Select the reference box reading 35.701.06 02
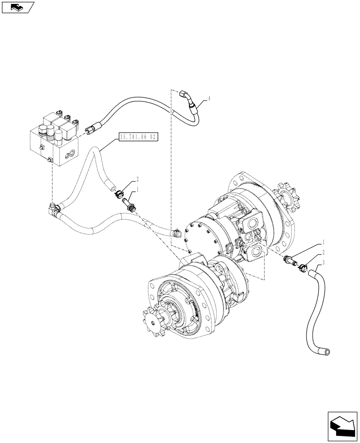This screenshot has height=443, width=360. [x=138, y=137]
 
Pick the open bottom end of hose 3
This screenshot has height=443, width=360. [x=327, y=351]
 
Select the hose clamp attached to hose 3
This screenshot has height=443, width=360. [x=303, y=267]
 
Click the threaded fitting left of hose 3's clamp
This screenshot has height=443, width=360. [x=290, y=262]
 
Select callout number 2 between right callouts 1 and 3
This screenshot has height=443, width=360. [x=323, y=252]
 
